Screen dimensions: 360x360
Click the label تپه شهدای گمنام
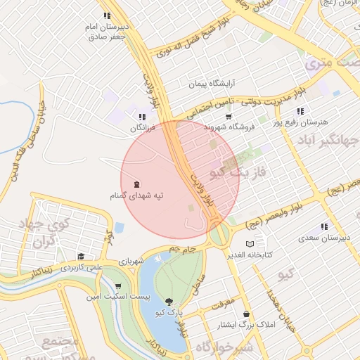pyautogui.click(x=136, y=196)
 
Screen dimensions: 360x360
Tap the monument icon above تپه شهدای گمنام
pyautogui.click(x=136, y=184)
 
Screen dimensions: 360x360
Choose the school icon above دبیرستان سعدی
pyautogui.click(x=324, y=227)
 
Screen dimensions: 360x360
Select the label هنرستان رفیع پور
pyautogui.click(x=304, y=123)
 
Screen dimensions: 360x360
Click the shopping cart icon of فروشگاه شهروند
pyautogui.click(x=229, y=116)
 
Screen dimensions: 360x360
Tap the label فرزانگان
pyautogui.click(x=141, y=129)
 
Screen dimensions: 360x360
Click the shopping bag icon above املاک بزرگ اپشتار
pyautogui.click(x=246, y=314)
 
